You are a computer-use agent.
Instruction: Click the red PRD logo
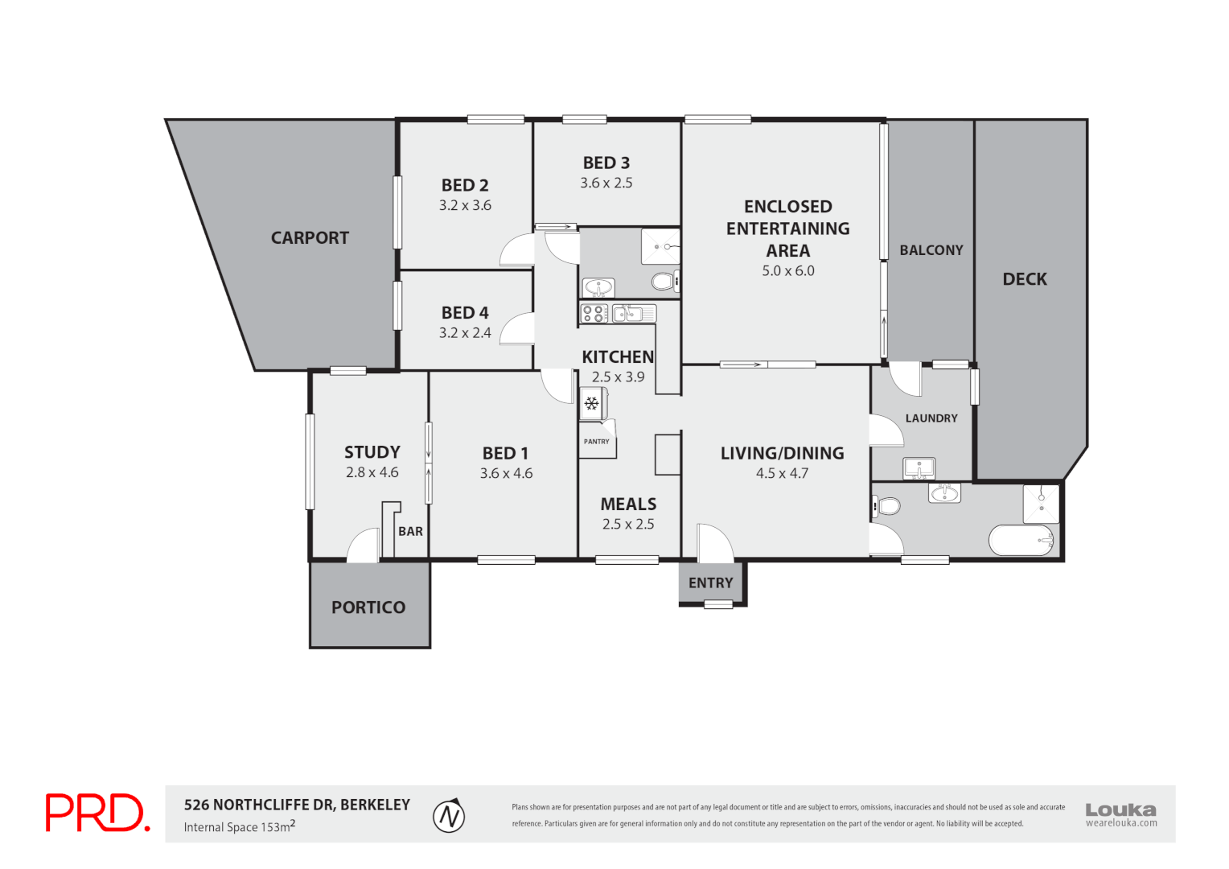click(x=97, y=813)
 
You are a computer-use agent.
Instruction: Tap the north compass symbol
click(x=450, y=817)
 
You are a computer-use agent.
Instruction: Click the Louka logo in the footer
click(x=1120, y=813)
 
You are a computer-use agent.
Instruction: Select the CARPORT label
click(x=310, y=238)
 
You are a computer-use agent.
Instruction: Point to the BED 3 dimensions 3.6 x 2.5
click(x=606, y=183)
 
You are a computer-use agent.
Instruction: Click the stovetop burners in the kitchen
click(x=594, y=313)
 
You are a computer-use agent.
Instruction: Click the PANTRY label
click(x=597, y=442)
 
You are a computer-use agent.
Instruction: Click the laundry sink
click(x=919, y=467)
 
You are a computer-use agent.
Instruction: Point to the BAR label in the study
click(x=410, y=532)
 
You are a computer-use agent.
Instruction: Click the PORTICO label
click(x=368, y=607)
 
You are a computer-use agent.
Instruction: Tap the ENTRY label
click(x=710, y=583)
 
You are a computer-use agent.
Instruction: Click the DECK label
click(x=1025, y=280)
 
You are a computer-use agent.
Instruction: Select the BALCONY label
click(x=931, y=250)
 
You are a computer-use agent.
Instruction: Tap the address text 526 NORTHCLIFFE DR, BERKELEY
click(x=297, y=805)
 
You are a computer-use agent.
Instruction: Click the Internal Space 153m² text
click(x=239, y=827)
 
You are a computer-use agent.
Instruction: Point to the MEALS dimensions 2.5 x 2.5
click(x=628, y=525)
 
